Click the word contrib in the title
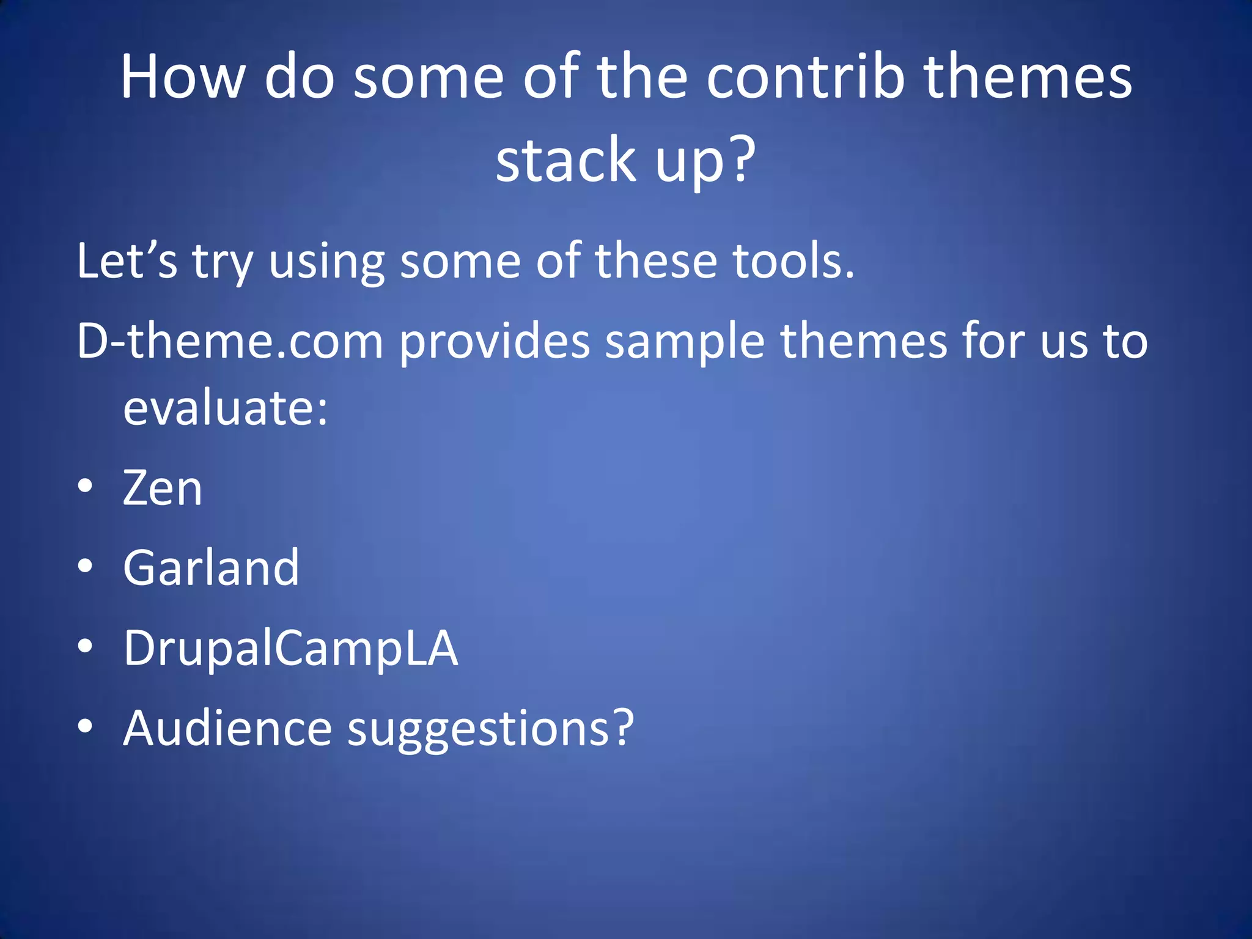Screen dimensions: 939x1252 tap(805, 78)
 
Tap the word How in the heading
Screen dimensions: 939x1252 tap(182, 78)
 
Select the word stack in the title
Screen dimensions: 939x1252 tap(566, 160)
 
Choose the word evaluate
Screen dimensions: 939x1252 tap(225, 408)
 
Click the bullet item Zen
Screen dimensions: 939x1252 tap(162, 488)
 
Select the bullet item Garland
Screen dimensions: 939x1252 tap(211, 568)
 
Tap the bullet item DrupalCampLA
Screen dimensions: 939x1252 tap(290, 648)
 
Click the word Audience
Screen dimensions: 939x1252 tap(227, 728)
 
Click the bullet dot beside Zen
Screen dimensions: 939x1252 tap(86, 487)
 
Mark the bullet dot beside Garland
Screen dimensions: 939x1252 tap(86, 566)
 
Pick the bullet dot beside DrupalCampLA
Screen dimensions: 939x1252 tap(86, 646)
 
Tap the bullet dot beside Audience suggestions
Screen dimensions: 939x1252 tap(86, 726)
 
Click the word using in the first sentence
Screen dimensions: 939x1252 tap(326, 261)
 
